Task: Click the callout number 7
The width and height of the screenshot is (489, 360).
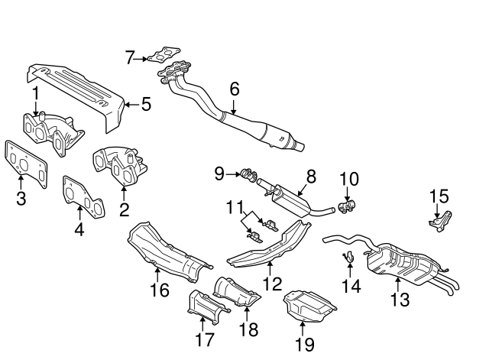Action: tap(130, 57)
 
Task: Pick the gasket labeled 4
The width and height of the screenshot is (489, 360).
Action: tap(84, 196)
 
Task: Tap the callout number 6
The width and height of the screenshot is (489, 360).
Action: tap(235, 89)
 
